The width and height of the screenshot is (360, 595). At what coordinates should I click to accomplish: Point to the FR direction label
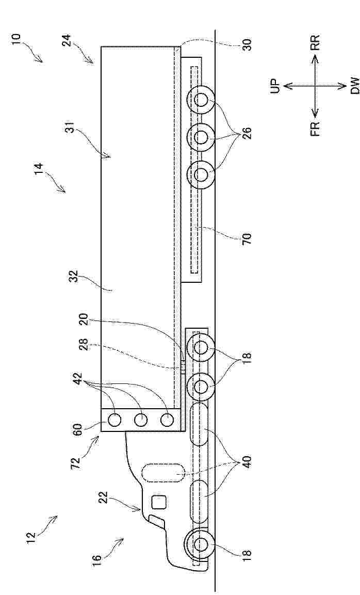tap(315, 128)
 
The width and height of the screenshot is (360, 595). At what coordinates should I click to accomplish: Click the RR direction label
tap(315, 42)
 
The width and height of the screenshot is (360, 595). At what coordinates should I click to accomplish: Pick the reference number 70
tap(247, 239)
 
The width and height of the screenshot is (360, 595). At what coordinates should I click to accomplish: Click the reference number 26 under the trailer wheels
tap(247, 134)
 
